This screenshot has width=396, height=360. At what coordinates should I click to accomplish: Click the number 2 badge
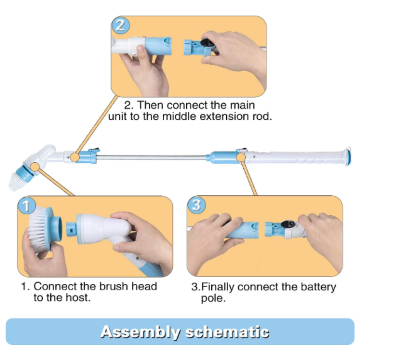121,26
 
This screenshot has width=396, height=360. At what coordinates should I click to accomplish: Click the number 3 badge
196,205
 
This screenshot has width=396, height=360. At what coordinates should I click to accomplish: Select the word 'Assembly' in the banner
136,332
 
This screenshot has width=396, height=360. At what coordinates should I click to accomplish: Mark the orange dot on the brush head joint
35,166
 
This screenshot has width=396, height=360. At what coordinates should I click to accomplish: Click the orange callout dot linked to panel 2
75,156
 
